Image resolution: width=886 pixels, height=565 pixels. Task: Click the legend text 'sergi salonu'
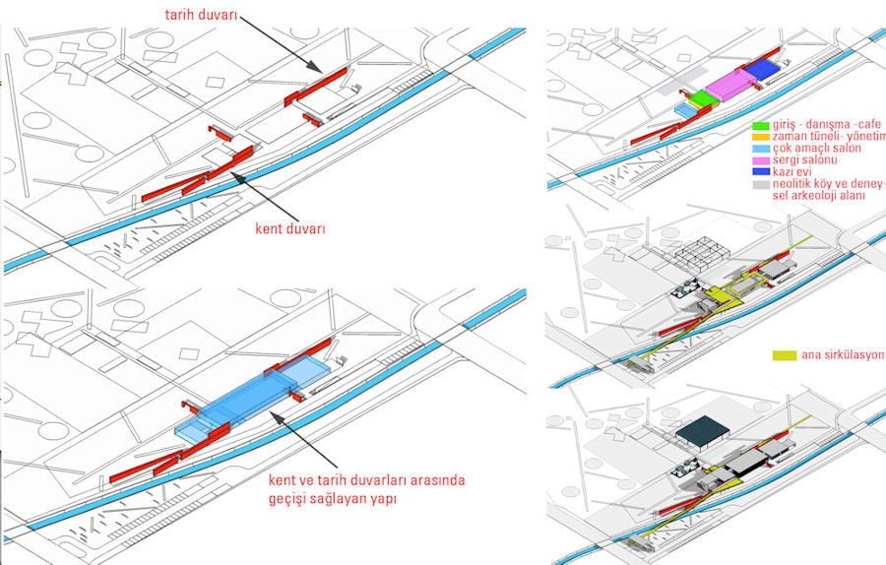[803, 160]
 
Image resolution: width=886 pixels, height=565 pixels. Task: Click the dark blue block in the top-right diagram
[762, 69]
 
